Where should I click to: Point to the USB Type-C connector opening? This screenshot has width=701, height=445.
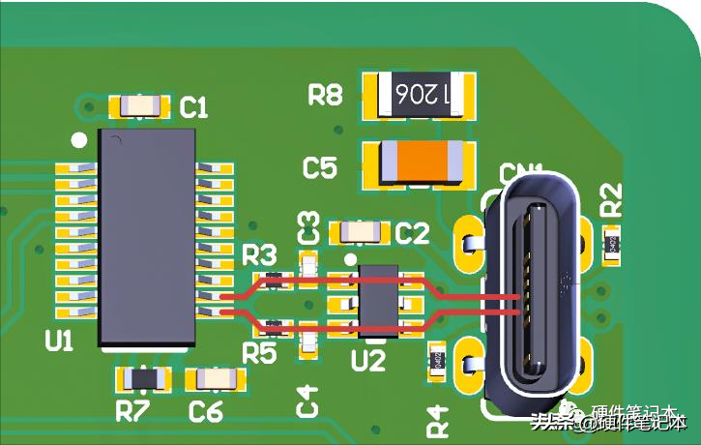[x=536, y=290]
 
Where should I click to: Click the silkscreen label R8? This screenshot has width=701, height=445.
[x=325, y=95]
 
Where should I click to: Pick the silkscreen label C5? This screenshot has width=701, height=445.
[x=320, y=168]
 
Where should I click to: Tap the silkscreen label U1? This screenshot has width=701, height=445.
[x=59, y=341]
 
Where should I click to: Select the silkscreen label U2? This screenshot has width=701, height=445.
[x=368, y=361]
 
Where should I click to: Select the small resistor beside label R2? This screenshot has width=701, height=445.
[x=612, y=247]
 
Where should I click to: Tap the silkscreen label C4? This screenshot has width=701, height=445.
[x=307, y=400]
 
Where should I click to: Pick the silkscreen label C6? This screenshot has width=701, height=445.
[x=205, y=411]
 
